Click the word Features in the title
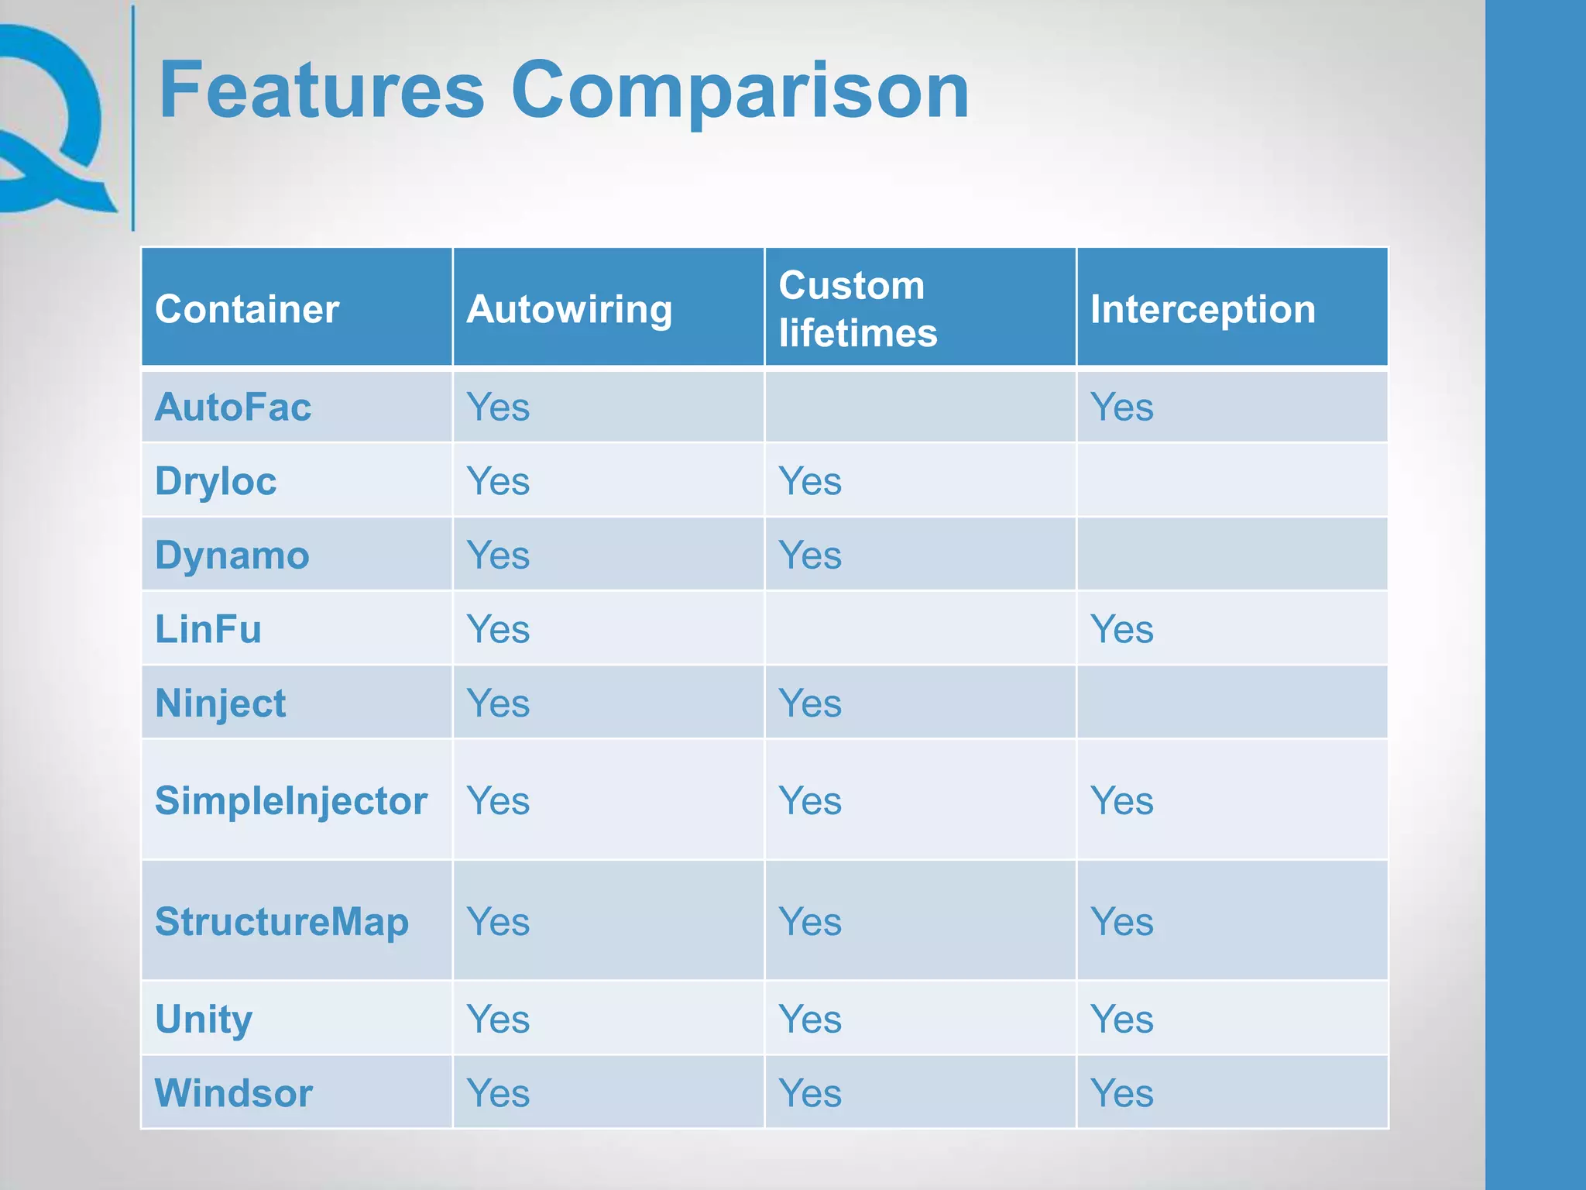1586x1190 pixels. point(321,91)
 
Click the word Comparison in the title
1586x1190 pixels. point(740,91)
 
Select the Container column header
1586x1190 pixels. point(247,309)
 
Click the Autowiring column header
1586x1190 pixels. point(569,309)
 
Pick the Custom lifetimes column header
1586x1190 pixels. point(857,309)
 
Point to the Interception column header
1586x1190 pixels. point(1203,309)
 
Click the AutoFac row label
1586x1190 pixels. point(233,407)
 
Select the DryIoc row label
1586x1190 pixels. point(216,481)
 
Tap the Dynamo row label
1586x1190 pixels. point(232,555)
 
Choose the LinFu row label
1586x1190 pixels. point(208,629)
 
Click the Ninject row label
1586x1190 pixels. point(221,703)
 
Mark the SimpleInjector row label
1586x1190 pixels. point(291,800)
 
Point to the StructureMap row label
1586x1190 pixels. point(282,921)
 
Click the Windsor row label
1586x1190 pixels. point(234,1093)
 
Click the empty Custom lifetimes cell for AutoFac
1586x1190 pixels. point(920,407)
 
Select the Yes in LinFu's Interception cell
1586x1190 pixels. point(1121,629)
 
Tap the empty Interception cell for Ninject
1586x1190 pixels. point(1231,703)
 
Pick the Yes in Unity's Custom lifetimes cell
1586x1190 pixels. point(810,1019)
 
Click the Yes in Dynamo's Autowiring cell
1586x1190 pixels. point(498,555)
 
